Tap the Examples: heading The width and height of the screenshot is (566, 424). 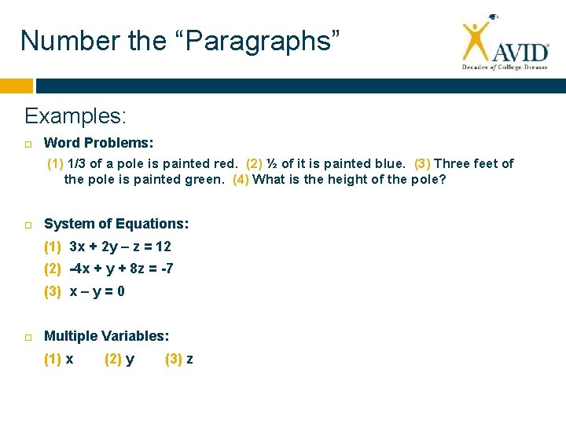pyautogui.click(x=75, y=116)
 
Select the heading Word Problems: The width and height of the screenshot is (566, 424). pyautogui.click(x=98, y=143)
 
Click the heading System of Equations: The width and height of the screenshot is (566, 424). pyautogui.click(x=116, y=224)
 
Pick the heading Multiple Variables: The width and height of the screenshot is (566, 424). pyautogui.click(x=106, y=336)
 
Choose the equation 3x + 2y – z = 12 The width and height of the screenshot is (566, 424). pyautogui.click(x=120, y=247)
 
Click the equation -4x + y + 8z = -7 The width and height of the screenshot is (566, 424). pyautogui.click(x=122, y=269)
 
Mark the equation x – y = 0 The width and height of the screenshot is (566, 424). pyautogui.click(x=97, y=291)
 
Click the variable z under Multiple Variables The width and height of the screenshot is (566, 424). pyautogui.click(x=189, y=359)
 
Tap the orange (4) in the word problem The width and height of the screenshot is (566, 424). pyautogui.click(x=241, y=179)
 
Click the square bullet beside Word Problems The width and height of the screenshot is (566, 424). pyautogui.click(x=28, y=144)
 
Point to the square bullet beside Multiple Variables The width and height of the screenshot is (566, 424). pyautogui.click(x=28, y=337)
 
